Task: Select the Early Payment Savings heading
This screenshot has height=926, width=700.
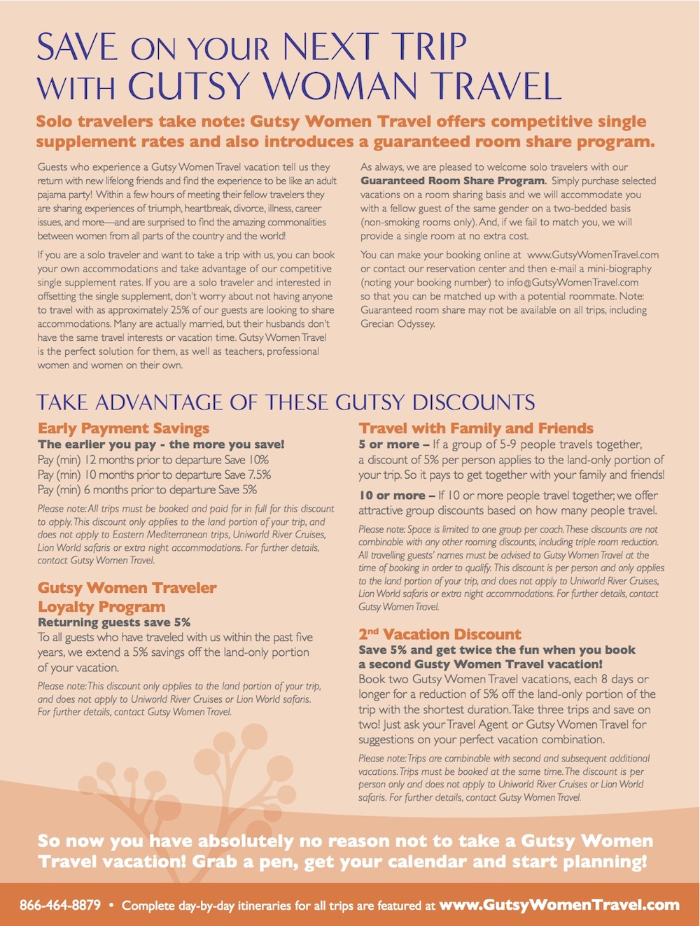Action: click(x=123, y=428)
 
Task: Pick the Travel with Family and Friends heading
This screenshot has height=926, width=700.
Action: click(x=476, y=428)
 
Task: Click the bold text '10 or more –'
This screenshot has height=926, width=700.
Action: click(x=397, y=496)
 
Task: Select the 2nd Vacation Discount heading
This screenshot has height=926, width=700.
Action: click(x=440, y=635)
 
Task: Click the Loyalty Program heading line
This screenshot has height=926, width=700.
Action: click(x=101, y=607)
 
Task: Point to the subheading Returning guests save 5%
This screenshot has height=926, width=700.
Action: click(x=114, y=622)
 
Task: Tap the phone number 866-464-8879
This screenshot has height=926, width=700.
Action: click(x=60, y=905)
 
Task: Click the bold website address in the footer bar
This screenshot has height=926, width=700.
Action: click(x=559, y=905)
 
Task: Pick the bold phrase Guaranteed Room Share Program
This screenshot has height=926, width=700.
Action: click(x=452, y=181)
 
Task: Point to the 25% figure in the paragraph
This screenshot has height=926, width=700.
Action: click(x=182, y=310)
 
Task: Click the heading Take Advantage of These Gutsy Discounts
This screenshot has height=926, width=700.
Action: click(x=286, y=402)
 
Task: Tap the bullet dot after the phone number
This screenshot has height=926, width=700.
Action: click(x=111, y=905)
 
